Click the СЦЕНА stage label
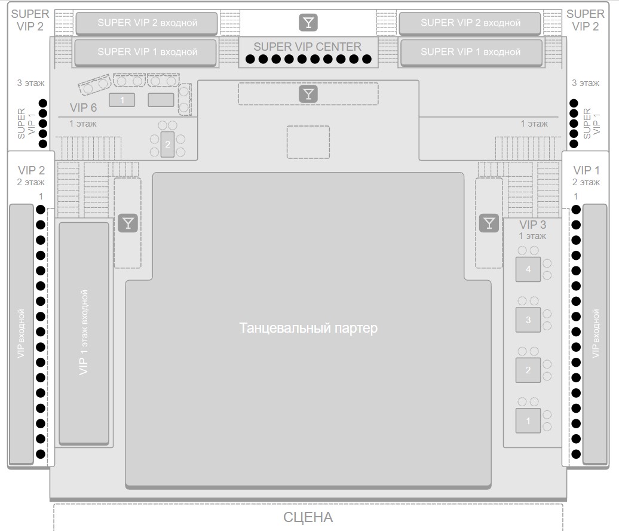tap(308, 517)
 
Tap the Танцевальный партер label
tap(308, 328)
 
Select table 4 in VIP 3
tap(528, 269)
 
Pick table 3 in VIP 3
tap(528, 320)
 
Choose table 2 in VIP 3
tap(528, 370)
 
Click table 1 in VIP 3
tap(528, 420)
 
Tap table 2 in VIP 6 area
tap(167, 145)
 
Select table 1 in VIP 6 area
tap(122, 100)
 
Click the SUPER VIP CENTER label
tap(307, 47)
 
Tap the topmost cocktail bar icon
tap(308, 23)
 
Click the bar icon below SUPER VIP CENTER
tap(308, 94)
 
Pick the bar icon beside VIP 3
tap(489, 223)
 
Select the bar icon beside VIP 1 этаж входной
tap(128, 223)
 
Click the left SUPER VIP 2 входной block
tap(146, 23)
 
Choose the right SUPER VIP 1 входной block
tap(471, 52)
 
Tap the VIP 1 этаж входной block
tap(84, 333)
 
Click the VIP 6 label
tap(83, 108)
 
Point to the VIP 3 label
tap(532, 225)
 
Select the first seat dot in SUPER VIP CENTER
tap(250, 59)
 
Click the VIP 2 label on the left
tap(31, 170)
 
